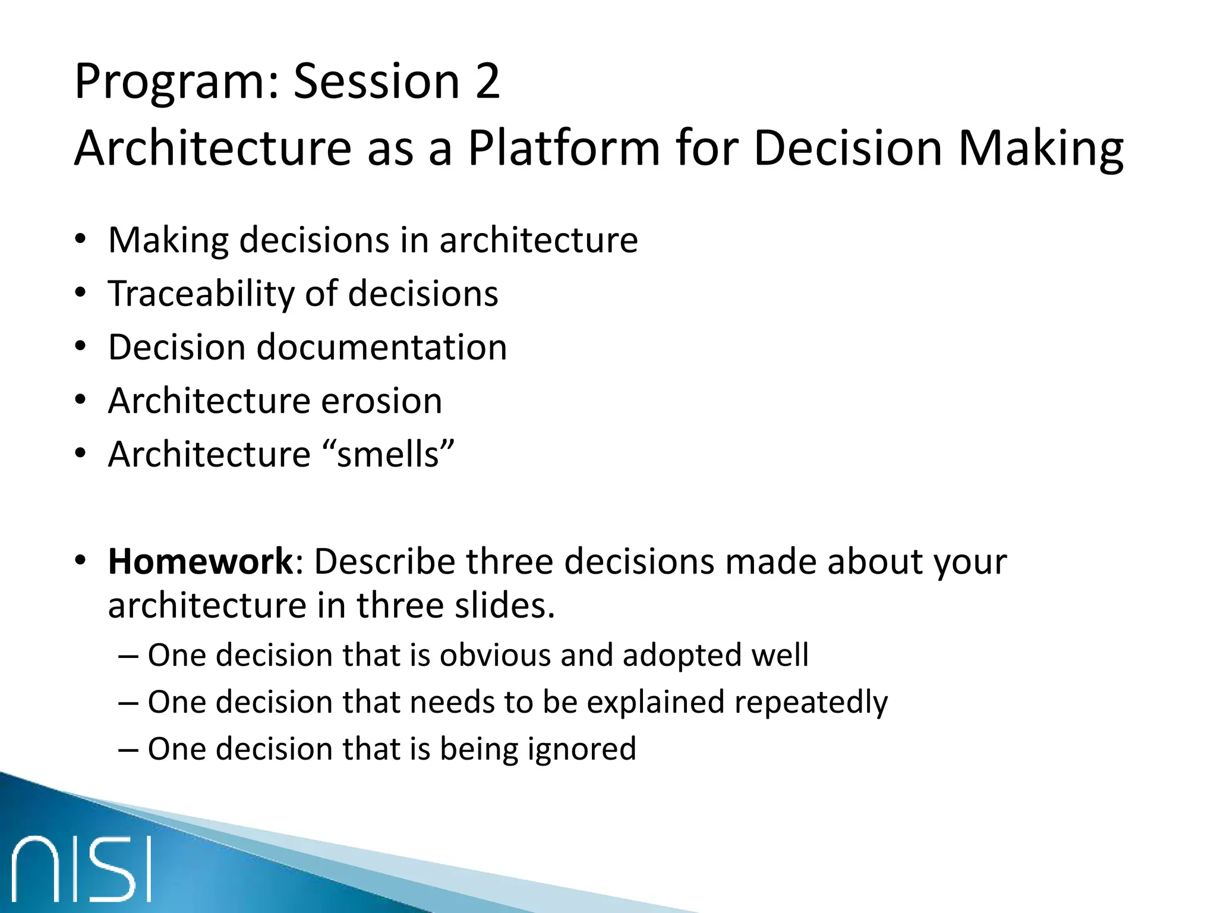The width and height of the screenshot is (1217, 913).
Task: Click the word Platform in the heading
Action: pos(563,148)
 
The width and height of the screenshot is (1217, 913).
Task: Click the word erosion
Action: pos(382,401)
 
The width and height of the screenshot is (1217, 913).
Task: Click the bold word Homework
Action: pos(201,561)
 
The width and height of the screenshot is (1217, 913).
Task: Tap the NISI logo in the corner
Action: pos(81,869)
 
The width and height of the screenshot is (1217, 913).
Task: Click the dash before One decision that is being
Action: pos(128,749)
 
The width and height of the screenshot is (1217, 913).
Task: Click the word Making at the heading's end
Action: pos(1041,148)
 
